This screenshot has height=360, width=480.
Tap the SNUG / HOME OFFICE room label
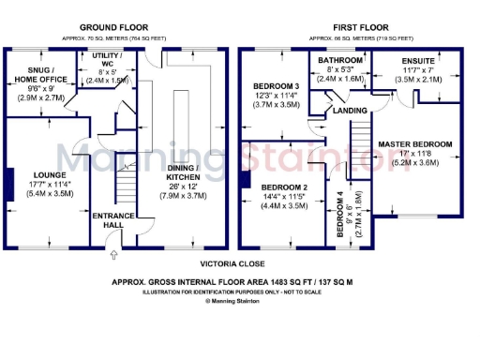(39, 74)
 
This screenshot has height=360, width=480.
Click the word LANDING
(350, 111)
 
